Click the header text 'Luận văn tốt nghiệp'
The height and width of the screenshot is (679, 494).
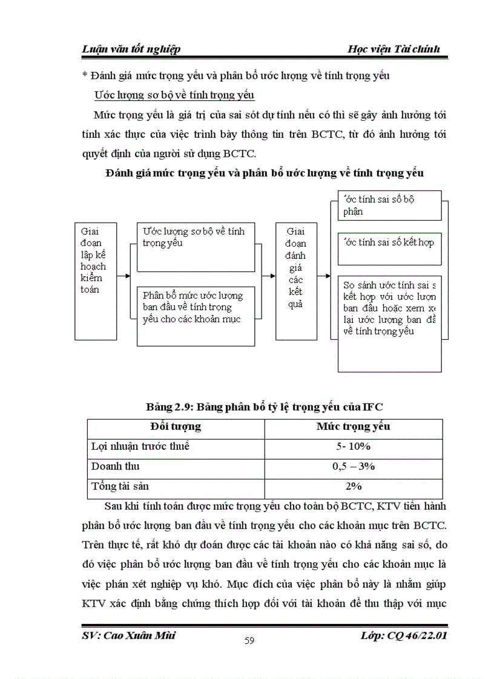pos(131,49)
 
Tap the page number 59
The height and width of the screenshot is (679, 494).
pos(249,641)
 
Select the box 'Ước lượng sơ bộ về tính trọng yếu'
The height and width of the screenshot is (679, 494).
pos(195,247)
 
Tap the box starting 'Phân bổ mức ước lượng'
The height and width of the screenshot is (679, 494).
pos(195,316)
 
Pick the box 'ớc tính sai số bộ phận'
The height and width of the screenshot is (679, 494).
pos(389,206)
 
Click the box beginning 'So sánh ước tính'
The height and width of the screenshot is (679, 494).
pos(389,323)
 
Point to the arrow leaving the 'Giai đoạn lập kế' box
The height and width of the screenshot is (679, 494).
pos(123,276)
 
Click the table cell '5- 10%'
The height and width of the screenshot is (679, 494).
pos(353,447)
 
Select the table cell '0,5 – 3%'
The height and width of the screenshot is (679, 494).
pos(353,467)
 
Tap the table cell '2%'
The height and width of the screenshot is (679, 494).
pos(353,487)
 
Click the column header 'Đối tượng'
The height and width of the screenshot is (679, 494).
pos(176,427)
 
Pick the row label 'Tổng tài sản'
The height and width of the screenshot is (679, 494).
pos(120,487)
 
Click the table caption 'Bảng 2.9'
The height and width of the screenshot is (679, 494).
pos(265,405)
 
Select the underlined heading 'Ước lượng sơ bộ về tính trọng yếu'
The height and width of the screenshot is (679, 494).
pos(174,96)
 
